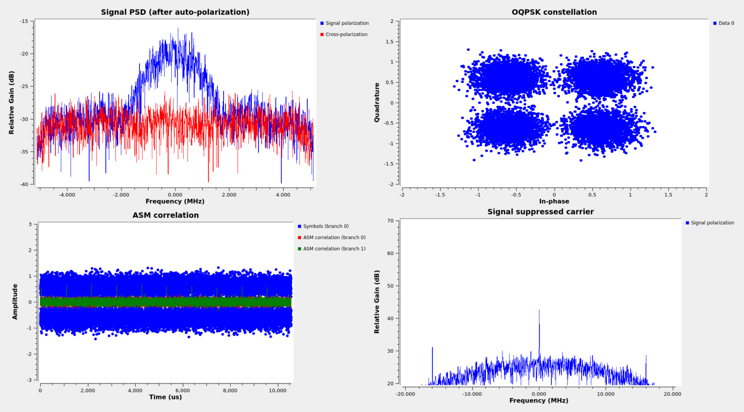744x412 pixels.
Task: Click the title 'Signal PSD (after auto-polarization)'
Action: (x=175, y=12)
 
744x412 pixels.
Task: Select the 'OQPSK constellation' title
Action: (x=554, y=12)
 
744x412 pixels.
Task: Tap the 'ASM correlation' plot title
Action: (x=166, y=215)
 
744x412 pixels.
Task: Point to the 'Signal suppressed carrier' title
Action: (x=540, y=212)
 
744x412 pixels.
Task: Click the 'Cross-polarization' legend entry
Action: (x=346, y=35)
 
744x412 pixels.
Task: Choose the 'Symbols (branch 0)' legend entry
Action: (x=325, y=226)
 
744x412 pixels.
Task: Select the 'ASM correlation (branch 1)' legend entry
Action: (x=334, y=249)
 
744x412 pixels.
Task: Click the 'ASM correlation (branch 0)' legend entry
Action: (x=334, y=238)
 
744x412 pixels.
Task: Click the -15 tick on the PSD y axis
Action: (x=24, y=21)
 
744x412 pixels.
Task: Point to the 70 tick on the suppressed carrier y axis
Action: (x=390, y=221)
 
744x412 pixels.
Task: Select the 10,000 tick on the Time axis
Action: (x=278, y=391)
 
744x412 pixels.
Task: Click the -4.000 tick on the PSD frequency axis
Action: (x=67, y=195)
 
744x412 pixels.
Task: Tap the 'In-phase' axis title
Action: (x=554, y=201)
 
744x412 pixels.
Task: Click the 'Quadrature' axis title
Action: (x=377, y=103)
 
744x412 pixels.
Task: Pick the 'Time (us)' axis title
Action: (x=166, y=397)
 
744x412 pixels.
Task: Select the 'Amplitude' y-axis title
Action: (x=15, y=301)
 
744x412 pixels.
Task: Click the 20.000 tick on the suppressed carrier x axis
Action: (x=672, y=394)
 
